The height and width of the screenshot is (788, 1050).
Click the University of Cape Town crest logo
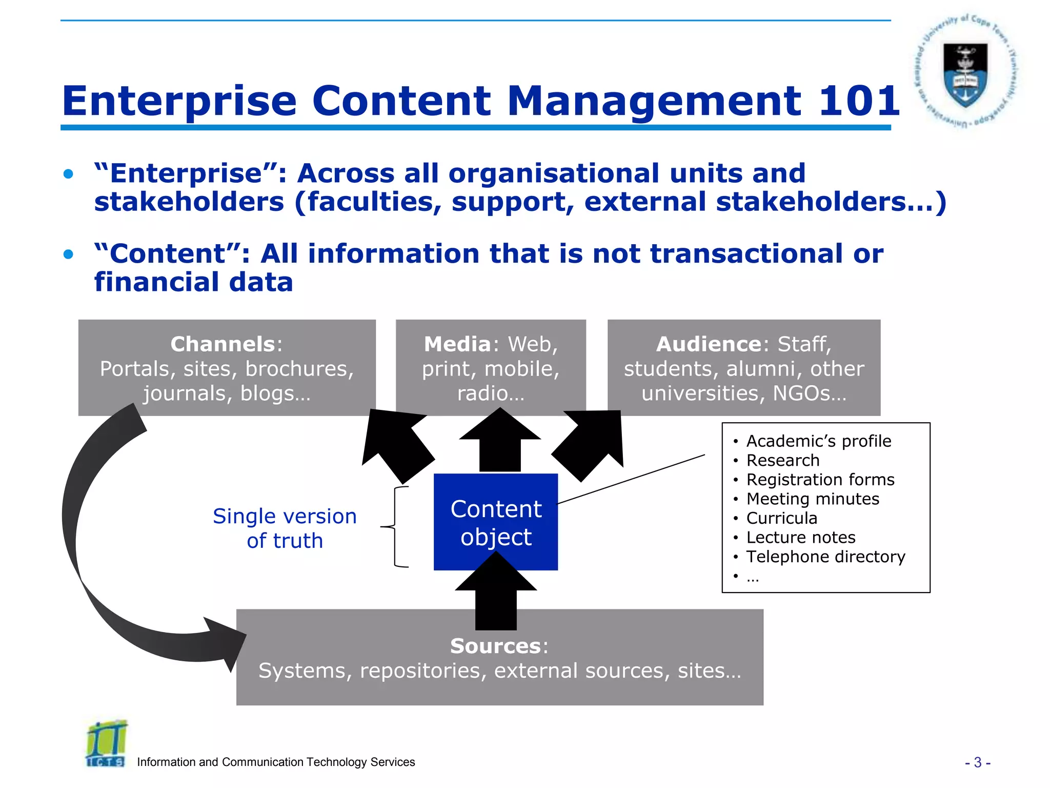click(965, 72)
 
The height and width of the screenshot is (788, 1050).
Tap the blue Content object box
click(495, 522)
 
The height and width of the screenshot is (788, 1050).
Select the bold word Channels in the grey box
click(223, 344)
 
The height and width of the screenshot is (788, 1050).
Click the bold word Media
click(457, 344)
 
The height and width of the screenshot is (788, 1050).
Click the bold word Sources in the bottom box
click(495, 646)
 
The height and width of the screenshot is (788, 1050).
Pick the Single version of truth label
click(285, 528)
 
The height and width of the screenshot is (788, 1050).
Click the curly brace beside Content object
click(396, 527)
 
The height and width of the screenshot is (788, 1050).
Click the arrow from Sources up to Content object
click(496, 595)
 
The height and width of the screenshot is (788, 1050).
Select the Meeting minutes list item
click(813, 499)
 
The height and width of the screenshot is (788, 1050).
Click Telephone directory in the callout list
click(825, 557)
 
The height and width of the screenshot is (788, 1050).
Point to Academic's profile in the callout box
click(818, 441)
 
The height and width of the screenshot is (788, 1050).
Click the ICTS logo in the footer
click(106, 744)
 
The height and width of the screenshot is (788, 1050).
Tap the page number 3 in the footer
click(978, 763)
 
